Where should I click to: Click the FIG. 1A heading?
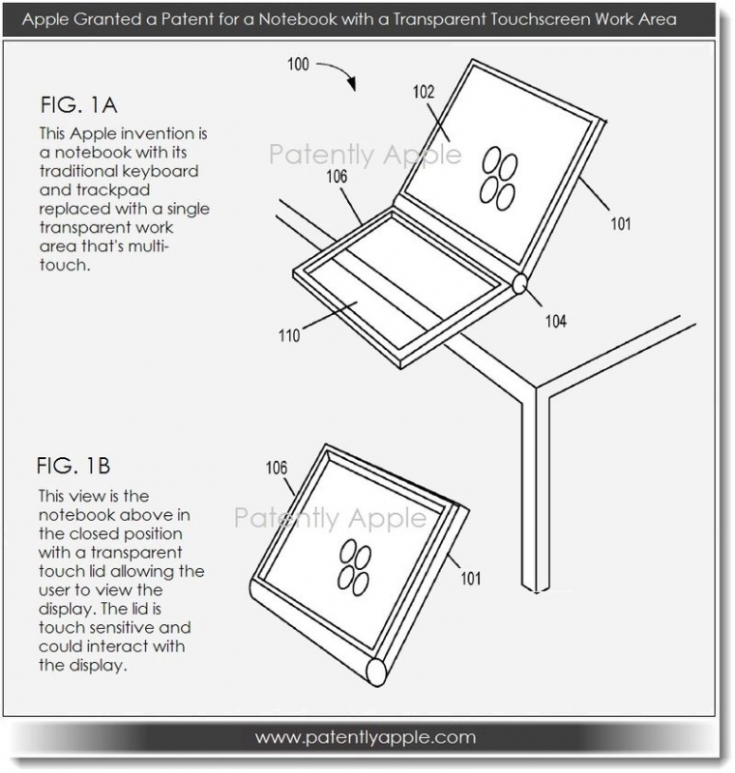point(78,105)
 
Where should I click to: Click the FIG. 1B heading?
point(73,466)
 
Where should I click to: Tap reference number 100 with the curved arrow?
point(298,64)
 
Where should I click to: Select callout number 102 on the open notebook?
point(424,92)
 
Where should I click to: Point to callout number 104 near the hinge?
point(555,322)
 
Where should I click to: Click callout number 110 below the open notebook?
point(289,335)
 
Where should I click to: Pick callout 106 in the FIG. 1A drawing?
point(337,177)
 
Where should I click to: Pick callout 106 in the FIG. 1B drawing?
point(277,468)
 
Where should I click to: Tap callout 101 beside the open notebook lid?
point(621,224)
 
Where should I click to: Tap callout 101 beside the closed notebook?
point(471,578)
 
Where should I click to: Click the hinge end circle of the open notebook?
point(520,284)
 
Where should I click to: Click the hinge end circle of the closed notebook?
point(376,672)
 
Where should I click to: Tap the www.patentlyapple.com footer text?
point(366,737)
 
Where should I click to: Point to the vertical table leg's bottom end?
point(536,589)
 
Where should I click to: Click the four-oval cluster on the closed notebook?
point(354,567)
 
